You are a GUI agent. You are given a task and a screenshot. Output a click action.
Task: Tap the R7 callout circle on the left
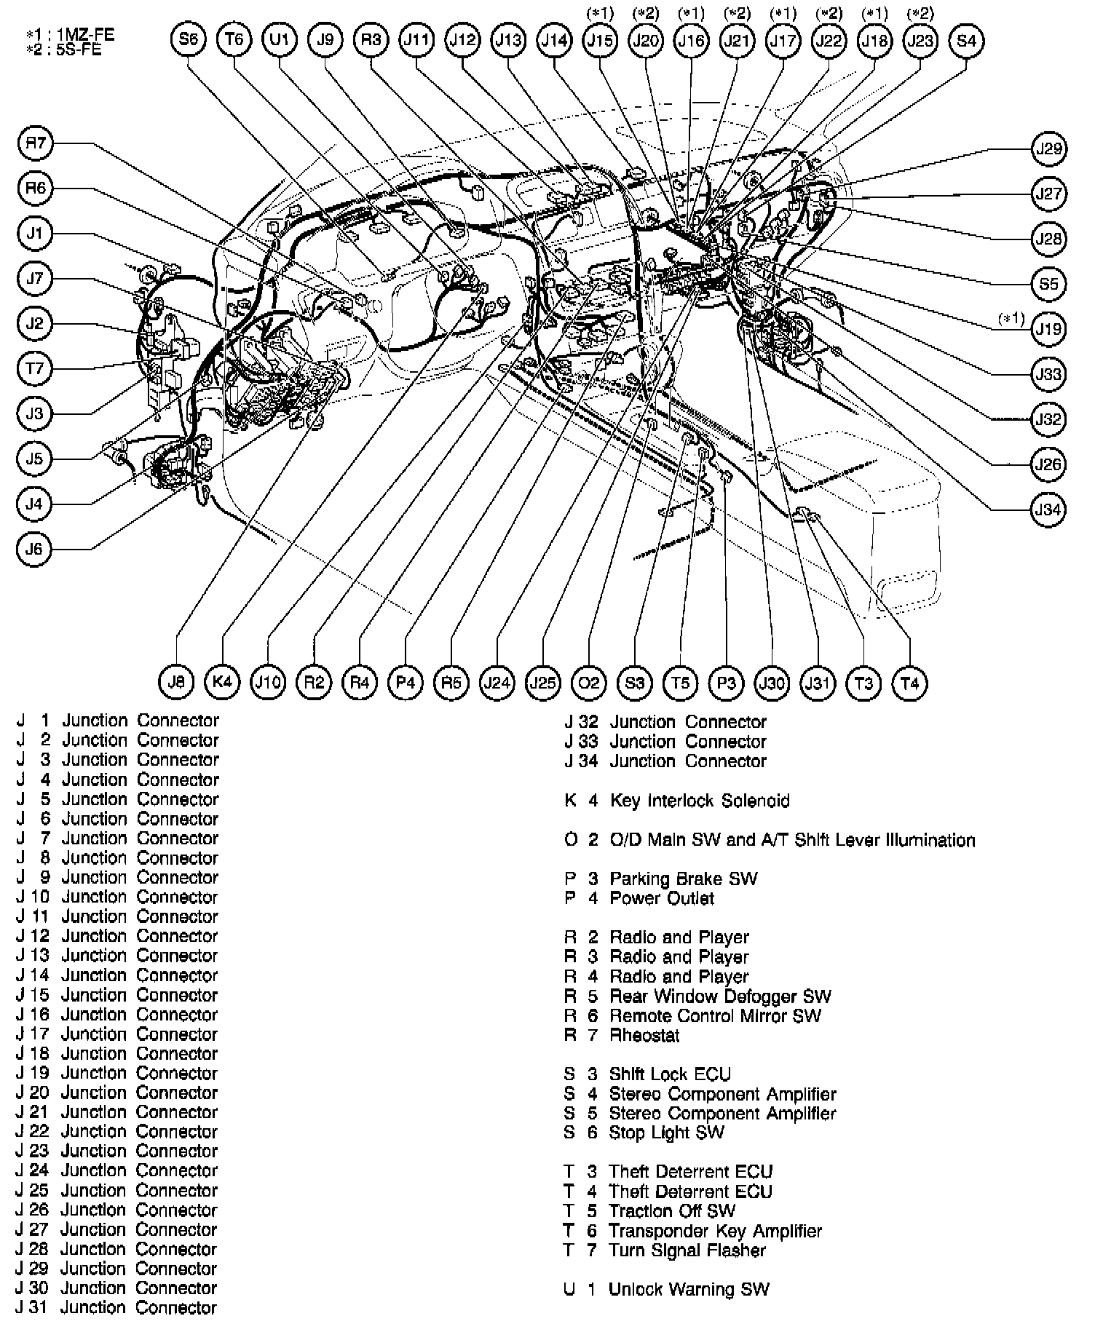[x=35, y=144]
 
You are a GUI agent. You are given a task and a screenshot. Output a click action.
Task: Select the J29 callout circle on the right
[x=1048, y=149]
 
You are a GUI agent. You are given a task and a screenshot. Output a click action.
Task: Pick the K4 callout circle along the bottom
[x=222, y=682]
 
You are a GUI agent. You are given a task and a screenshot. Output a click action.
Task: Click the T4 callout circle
[x=909, y=683]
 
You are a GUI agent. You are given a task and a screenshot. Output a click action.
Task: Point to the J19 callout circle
[x=1048, y=329]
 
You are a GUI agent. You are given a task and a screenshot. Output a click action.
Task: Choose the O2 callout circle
[x=588, y=683]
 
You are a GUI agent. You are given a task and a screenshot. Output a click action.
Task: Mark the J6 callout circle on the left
[x=34, y=549]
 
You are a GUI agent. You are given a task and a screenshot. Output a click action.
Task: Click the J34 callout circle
[x=1048, y=510]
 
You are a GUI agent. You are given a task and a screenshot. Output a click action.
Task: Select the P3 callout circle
[x=726, y=683]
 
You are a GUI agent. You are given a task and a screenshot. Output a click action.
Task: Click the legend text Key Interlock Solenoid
[x=699, y=801]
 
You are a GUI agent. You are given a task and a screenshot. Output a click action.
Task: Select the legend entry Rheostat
[x=644, y=1036]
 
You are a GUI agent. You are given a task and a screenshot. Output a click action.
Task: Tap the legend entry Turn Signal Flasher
[x=687, y=1251]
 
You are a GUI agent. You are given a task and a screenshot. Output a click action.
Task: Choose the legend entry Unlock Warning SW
[x=689, y=1290]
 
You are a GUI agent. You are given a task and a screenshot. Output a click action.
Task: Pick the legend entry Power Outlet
[x=662, y=899]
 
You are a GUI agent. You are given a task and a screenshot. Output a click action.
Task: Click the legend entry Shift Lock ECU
[x=670, y=1075]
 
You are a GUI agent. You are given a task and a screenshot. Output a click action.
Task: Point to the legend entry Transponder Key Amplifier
[x=716, y=1232]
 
